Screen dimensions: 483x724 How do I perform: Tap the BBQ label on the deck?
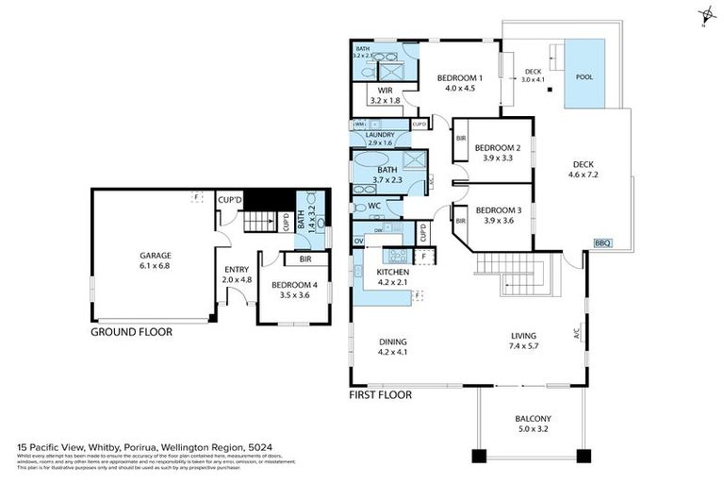coord(602,243)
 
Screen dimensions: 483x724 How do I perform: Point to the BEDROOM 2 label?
coord(498,147)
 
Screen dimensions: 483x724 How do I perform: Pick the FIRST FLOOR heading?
coord(381,395)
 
